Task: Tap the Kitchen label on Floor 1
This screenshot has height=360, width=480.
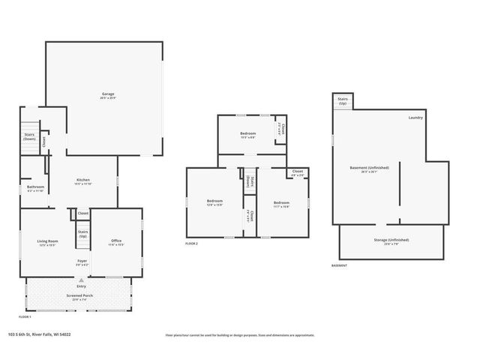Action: click(83, 180)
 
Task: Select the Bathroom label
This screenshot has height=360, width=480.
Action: click(36, 187)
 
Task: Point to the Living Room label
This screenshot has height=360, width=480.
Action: click(48, 241)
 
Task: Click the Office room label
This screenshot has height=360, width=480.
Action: click(116, 241)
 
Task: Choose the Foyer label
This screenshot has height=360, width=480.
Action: click(82, 262)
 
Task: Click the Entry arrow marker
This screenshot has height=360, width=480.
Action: click(81, 280)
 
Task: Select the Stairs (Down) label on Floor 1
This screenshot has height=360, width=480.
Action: click(30, 136)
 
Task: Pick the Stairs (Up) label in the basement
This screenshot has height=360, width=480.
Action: click(343, 100)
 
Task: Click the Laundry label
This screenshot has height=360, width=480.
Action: click(416, 118)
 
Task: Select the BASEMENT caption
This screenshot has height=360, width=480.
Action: click(340, 265)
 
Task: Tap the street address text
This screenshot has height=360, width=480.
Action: click(51, 335)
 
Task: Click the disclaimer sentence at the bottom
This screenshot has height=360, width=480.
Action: click(240, 335)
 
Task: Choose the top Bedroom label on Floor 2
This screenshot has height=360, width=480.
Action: click(248, 133)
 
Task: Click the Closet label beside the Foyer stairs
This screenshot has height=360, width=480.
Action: click(82, 214)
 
